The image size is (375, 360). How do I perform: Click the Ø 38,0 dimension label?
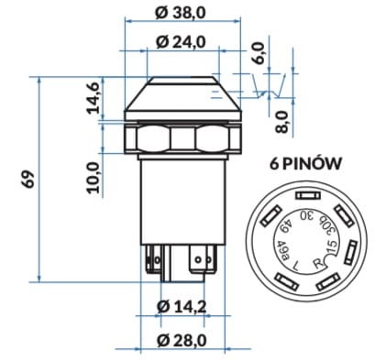pos(180,13)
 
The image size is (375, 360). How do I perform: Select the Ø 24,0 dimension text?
pos(180,42)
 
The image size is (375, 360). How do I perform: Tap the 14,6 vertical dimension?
pos(94,98)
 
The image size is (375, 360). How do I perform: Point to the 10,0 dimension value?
pos(94,178)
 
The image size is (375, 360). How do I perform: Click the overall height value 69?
pos(28,179)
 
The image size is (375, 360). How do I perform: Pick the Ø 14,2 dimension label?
pos(182,307)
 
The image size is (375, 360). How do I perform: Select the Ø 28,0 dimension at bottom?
pos(182,340)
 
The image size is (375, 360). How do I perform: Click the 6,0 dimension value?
pos(259,53)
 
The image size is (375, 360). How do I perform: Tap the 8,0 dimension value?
pos(282,122)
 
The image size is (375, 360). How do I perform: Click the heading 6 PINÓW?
pos(305,164)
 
